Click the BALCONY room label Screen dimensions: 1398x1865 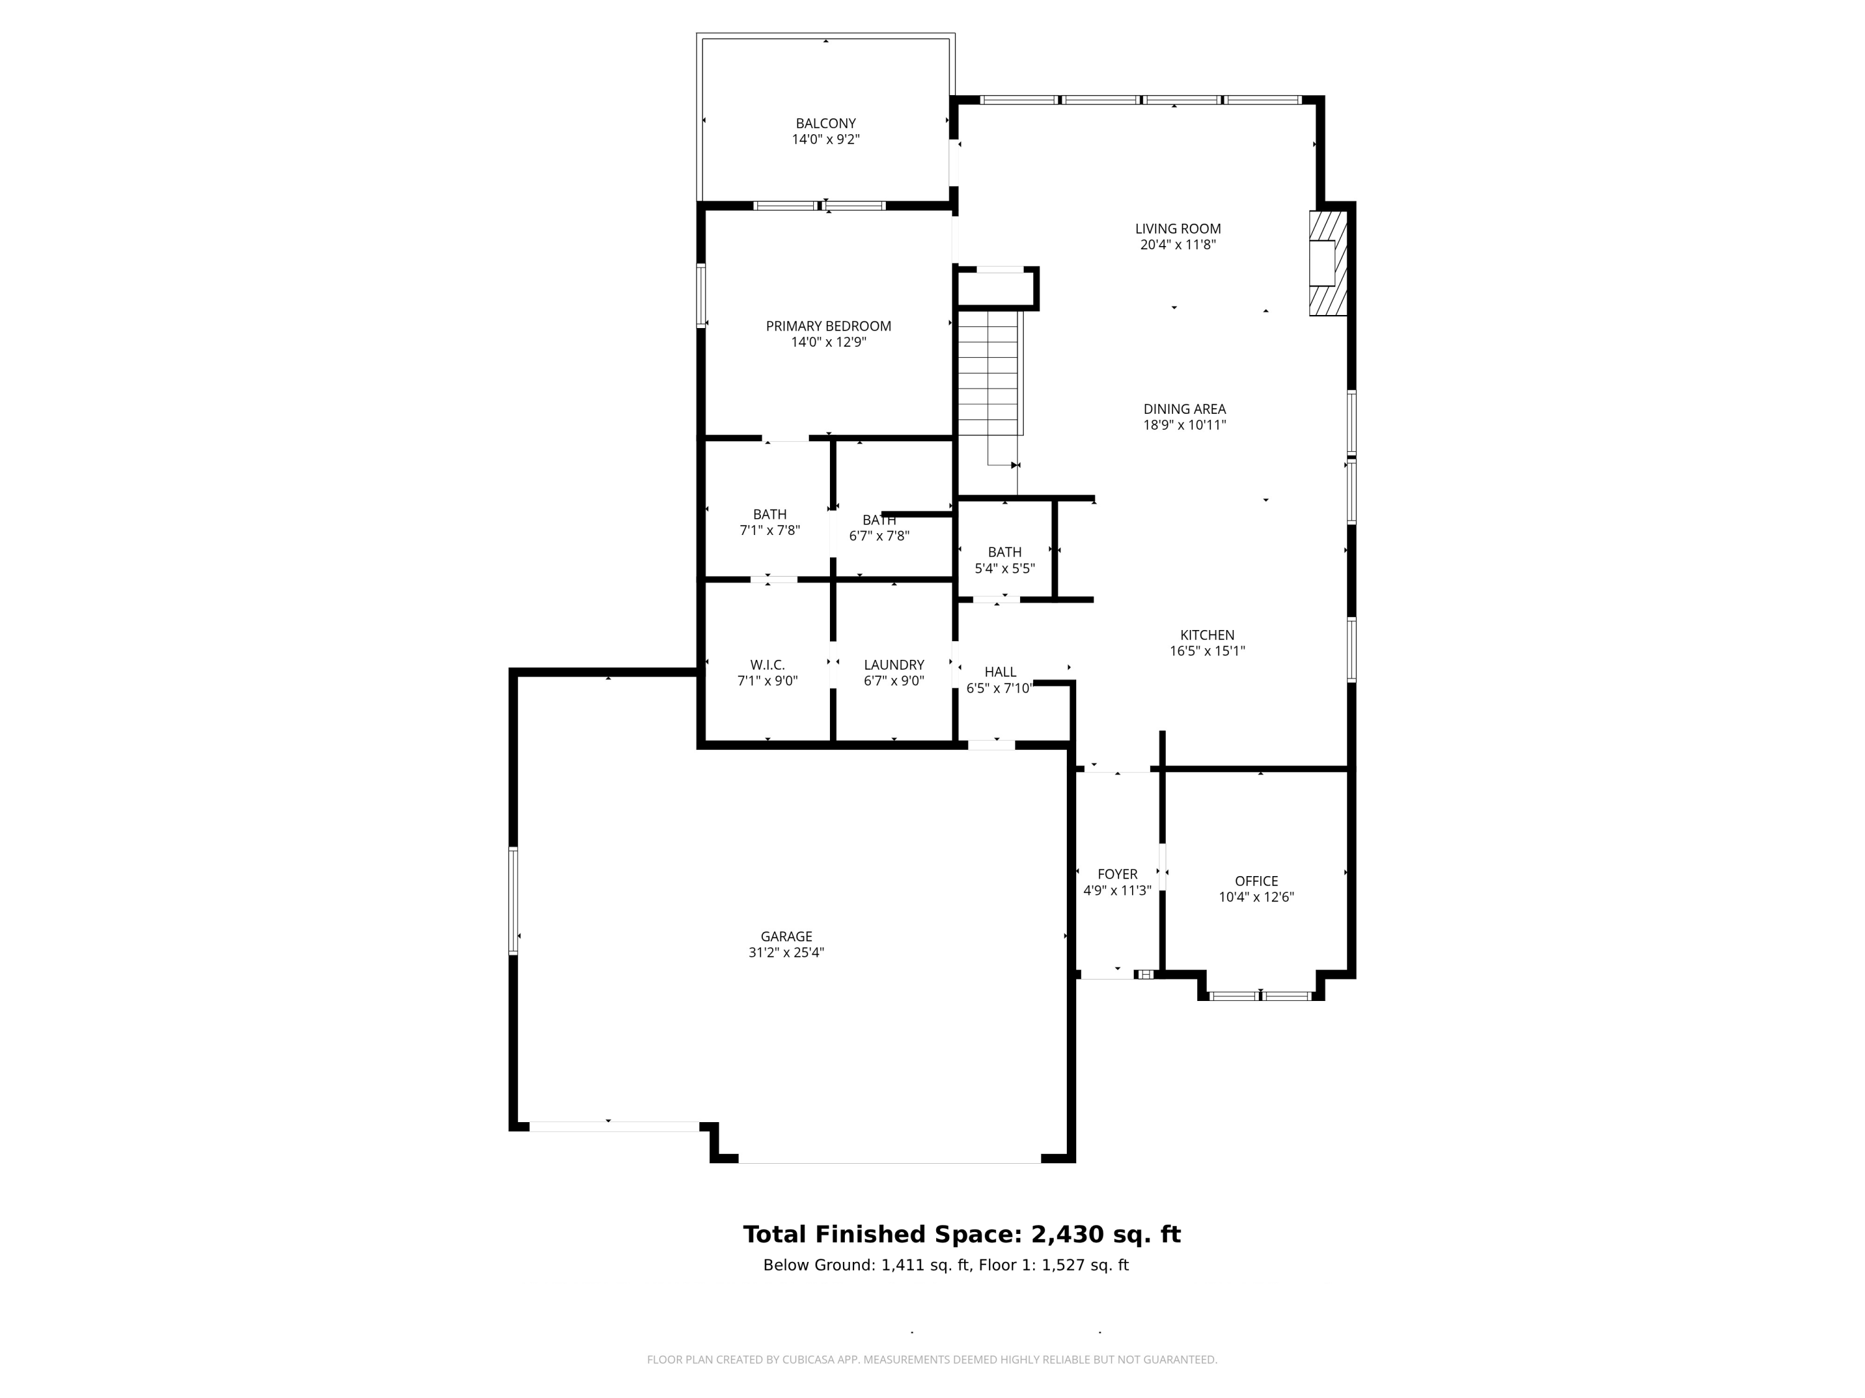826,124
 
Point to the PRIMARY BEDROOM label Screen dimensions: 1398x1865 828,327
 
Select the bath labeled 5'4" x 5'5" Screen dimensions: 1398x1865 1004,560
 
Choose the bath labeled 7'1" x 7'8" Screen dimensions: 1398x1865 769,523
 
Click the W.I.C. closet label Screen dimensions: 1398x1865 767,665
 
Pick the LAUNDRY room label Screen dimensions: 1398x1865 894,665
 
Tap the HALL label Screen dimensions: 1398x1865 1000,672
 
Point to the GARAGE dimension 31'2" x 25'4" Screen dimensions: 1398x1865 786,953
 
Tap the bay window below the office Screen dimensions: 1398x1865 1261,996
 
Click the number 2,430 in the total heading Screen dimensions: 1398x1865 1067,1235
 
